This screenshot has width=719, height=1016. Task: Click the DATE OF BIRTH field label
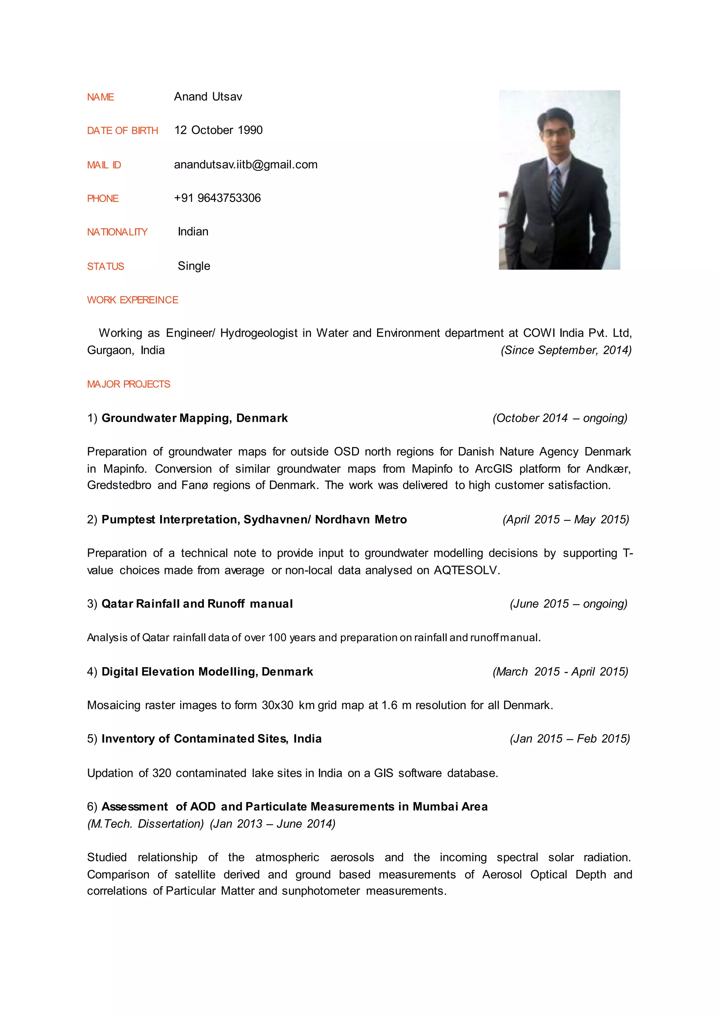click(x=122, y=131)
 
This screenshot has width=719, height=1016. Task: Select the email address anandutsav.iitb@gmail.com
click(x=245, y=165)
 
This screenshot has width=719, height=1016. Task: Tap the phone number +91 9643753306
click(x=217, y=198)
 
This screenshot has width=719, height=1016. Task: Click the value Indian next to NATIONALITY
click(x=193, y=232)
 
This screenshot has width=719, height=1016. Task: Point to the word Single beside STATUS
click(x=193, y=266)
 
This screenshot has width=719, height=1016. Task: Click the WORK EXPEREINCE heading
click(x=132, y=300)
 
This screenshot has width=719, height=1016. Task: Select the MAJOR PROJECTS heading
click(x=128, y=384)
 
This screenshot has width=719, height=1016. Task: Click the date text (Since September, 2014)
click(x=566, y=350)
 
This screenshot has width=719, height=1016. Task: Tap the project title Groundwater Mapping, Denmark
click(x=194, y=418)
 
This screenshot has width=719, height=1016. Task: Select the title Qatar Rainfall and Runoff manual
click(x=197, y=604)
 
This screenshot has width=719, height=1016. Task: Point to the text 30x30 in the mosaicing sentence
click(x=277, y=706)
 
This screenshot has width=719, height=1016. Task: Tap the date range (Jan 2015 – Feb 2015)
click(x=569, y=739)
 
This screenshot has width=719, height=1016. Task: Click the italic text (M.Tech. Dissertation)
click(x=146, y=824)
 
